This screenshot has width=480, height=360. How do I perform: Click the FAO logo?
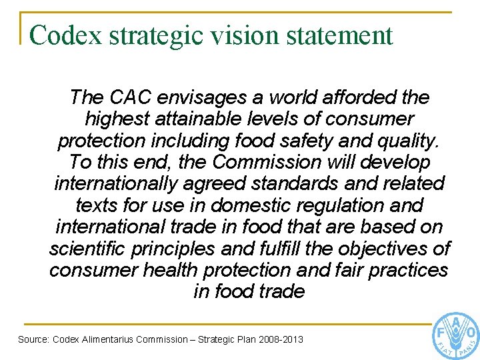pos(457,335)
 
